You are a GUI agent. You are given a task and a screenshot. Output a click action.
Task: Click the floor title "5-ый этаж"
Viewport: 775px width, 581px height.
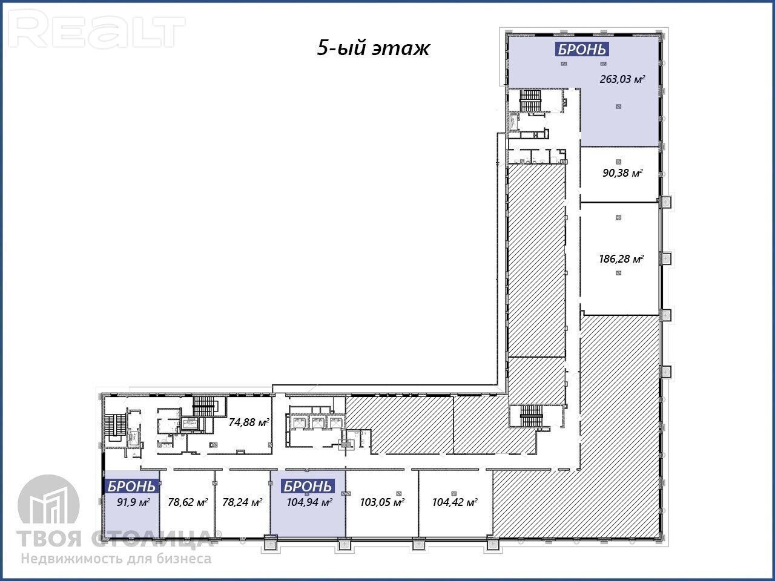coord(373,48)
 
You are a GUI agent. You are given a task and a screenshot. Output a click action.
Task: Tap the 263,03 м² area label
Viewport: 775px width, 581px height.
coord(622,79)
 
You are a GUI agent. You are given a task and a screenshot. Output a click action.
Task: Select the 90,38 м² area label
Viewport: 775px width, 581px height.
coord(622,173)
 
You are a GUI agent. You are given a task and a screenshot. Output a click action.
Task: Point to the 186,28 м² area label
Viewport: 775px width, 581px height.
coord(621,259)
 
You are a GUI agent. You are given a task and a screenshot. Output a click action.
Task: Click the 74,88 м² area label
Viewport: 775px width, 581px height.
coord(249,422)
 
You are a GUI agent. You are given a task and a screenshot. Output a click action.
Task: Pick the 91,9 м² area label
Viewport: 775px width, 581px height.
coord(133,502)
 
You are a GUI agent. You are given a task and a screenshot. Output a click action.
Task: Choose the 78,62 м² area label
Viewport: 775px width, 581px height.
coord(188,502)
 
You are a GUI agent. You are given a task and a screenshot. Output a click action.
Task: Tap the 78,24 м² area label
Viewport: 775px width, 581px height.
coord(242,502)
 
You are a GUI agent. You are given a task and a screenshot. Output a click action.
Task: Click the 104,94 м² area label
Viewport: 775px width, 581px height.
coord(309,502)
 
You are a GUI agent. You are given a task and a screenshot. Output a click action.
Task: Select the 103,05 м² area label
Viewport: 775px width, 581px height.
coord(382,502)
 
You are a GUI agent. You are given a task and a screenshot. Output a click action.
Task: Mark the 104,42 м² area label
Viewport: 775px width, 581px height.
coord(455,502)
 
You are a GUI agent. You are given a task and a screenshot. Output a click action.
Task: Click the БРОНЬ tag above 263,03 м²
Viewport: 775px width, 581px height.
coord(582,50)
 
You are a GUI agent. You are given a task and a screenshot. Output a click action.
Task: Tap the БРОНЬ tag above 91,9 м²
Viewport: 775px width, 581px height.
coord(131,487)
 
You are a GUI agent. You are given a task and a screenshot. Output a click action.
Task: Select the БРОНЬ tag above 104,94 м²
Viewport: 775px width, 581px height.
coord(308,487)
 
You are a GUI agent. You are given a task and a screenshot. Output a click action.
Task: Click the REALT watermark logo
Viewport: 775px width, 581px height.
coord(96,28)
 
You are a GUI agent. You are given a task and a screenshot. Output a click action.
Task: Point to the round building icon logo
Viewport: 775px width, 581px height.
coord(48,505)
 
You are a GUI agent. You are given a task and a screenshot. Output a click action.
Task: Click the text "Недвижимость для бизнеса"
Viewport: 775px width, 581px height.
coord(116,559)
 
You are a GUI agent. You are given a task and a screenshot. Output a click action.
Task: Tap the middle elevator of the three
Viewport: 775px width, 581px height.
coord(317,422)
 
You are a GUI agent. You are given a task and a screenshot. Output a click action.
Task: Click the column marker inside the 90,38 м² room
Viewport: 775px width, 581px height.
coord(618,162)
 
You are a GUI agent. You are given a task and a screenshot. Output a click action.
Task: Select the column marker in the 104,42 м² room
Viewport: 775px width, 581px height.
coord(454,493)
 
